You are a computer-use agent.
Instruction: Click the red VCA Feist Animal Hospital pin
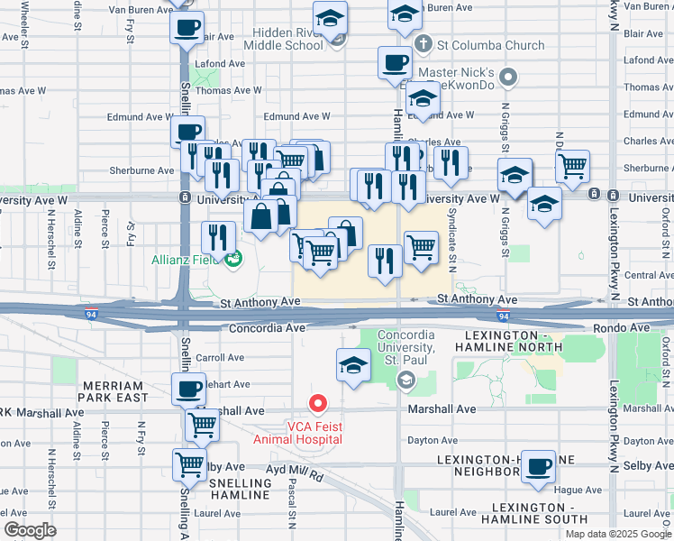point(317,403)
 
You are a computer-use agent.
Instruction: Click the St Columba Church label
point(491,45)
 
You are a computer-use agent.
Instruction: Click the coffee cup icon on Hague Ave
point(539,467)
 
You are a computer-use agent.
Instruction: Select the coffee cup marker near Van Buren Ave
point(187,27)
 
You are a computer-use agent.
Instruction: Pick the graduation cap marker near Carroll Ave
point(352,366)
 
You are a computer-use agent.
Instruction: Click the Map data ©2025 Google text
point(619,534)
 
